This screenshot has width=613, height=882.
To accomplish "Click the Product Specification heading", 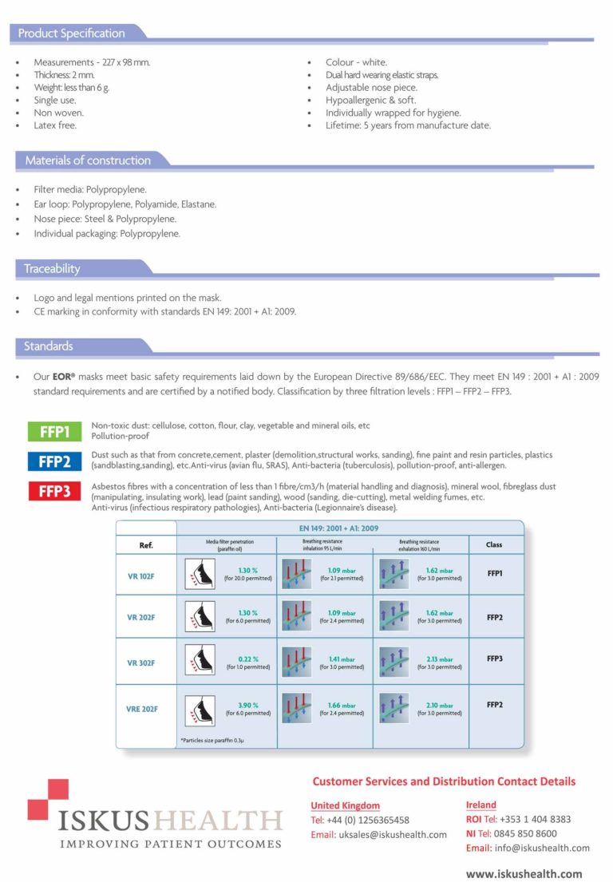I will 71,34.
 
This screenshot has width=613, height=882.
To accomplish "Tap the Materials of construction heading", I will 88,160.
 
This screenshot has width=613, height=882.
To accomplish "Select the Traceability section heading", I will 52,269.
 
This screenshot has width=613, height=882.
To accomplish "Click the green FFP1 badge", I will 54,433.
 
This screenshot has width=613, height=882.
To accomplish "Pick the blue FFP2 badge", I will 54,461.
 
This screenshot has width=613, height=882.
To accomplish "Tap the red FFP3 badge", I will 54,491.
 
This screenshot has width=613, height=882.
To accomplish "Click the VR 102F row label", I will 140,575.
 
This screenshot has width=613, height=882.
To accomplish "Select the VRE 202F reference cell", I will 142,708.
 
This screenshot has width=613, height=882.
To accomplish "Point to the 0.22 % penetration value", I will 248,659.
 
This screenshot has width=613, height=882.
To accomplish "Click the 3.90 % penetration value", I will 248,705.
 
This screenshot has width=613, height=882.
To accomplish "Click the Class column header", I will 494,545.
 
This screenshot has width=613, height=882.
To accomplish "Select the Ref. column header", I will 146,546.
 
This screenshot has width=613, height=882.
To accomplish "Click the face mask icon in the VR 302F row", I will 200,662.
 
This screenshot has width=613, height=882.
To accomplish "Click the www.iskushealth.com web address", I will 524,873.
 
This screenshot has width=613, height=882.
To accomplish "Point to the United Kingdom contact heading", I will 345,805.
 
